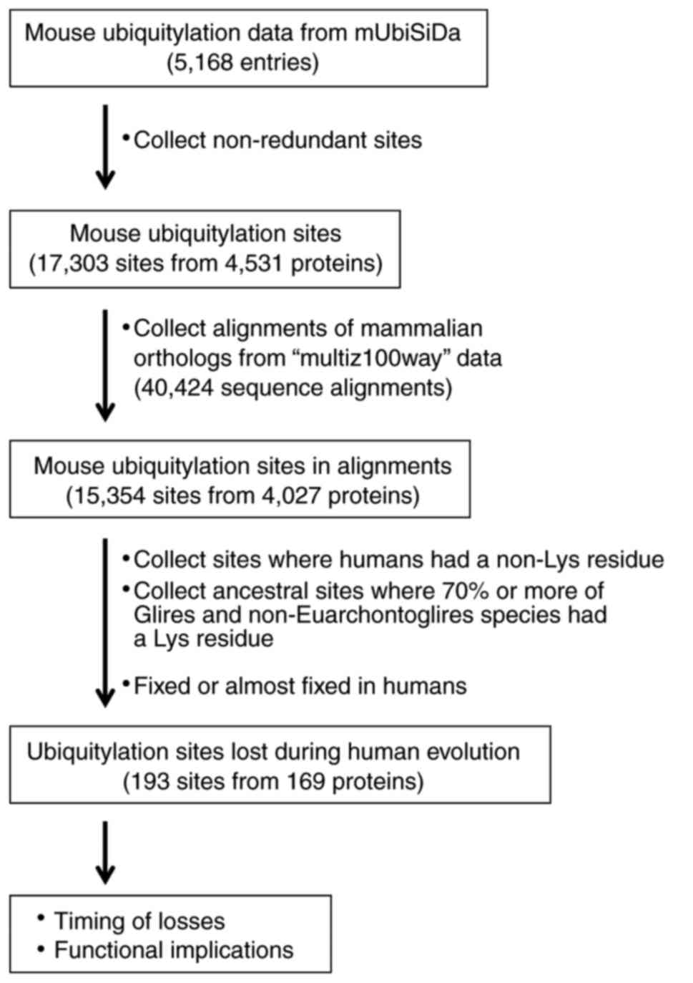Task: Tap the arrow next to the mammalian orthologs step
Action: point(105,364)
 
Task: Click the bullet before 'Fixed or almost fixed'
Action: point(126,682)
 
